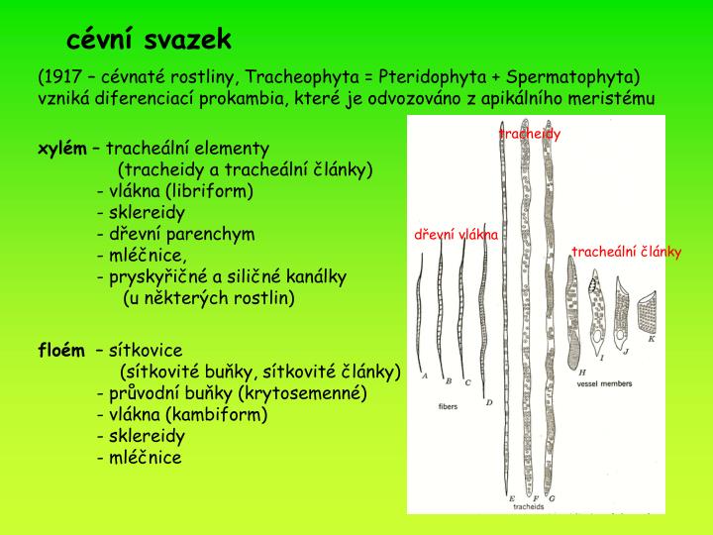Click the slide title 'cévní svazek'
pos(150,40)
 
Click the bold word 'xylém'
pos(60,148)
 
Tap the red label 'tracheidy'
pos(530,134)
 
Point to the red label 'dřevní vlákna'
pos(457,235)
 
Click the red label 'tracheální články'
pos(626,252)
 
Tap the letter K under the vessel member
pos(651,339)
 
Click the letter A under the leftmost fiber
pos(424,376)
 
